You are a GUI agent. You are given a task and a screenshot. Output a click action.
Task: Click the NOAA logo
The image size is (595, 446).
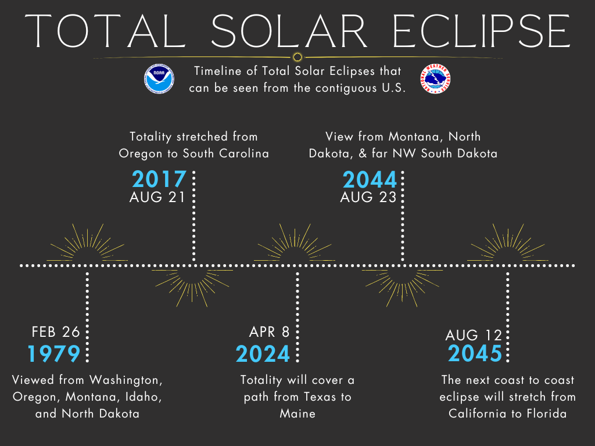click(x=159, y=78)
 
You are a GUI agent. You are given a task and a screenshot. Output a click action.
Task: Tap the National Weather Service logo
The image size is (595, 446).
click(x=435, y=78)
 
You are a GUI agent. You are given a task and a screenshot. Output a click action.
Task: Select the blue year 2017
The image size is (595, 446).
click(x=159, y=179)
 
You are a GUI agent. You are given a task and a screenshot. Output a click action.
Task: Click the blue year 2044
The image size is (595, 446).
click(x=370, y=179)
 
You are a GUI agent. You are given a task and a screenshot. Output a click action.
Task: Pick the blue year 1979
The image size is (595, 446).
click(x=54, y=354)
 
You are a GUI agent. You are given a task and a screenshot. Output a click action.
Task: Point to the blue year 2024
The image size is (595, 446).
click(x=263, y=354)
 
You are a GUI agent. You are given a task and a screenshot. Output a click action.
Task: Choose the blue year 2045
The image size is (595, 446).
click(x=475, y=353)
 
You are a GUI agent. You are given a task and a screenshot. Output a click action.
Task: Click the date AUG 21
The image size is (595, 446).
click(x=157, y=197)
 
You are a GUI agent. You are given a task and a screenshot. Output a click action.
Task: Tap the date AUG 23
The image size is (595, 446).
click(x=368, y=197)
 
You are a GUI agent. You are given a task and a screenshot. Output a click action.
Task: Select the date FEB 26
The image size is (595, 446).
click(x=56, y=332)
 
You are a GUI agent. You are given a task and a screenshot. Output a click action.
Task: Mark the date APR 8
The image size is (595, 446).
click(x=270, y=332)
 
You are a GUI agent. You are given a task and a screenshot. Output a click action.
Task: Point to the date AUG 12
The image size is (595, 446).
click(x=474, y=335)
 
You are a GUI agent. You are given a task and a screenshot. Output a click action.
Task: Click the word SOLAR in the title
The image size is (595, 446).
click(x=289, y=31)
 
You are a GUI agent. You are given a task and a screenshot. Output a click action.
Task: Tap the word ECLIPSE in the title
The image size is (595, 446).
click(x=481, y=31)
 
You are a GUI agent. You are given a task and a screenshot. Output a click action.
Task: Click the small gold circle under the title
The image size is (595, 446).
click(x=297, y=57)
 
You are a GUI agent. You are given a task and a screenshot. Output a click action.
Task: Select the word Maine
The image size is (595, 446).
click(x=297, y=413)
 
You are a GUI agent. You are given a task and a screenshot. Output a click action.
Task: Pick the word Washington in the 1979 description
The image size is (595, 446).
click(x=126, y=380)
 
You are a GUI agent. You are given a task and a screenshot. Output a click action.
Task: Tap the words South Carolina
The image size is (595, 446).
click(x=226, y=153)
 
